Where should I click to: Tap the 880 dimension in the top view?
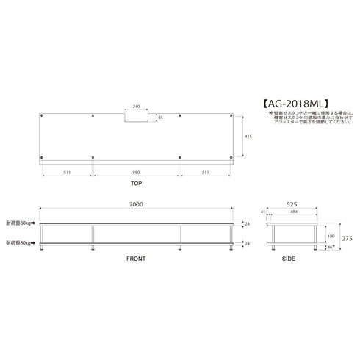pyautogui.click(x=135, y=173)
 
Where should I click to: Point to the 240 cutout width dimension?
pyautogui.click(x=135, y=105)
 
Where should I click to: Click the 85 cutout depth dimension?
pyautogui.click(x=161, y=116)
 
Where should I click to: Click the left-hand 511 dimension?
pyautogui.click(x=66, y=173)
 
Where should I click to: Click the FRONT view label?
pyautogui.click(x=135, y=259)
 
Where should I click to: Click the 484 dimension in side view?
pyautogui.click(x=294, y=212)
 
